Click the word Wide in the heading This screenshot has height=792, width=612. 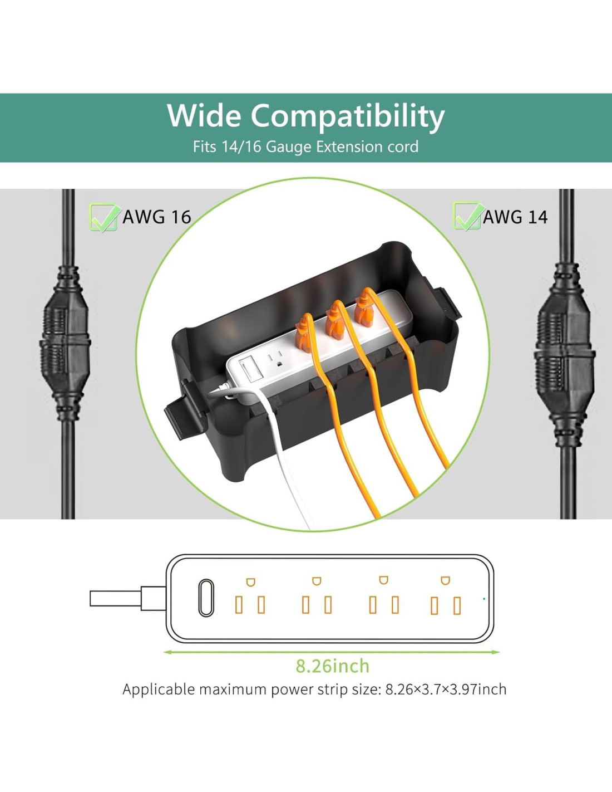(204, 115)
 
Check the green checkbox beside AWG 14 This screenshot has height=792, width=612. (468, 217)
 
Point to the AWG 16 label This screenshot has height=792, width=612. (156, 217)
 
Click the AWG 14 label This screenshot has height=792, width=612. (515, 217)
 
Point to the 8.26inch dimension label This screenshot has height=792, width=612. (332, 666)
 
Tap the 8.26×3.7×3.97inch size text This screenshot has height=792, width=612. (446, 689)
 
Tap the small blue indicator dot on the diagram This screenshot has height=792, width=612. (484, 599)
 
